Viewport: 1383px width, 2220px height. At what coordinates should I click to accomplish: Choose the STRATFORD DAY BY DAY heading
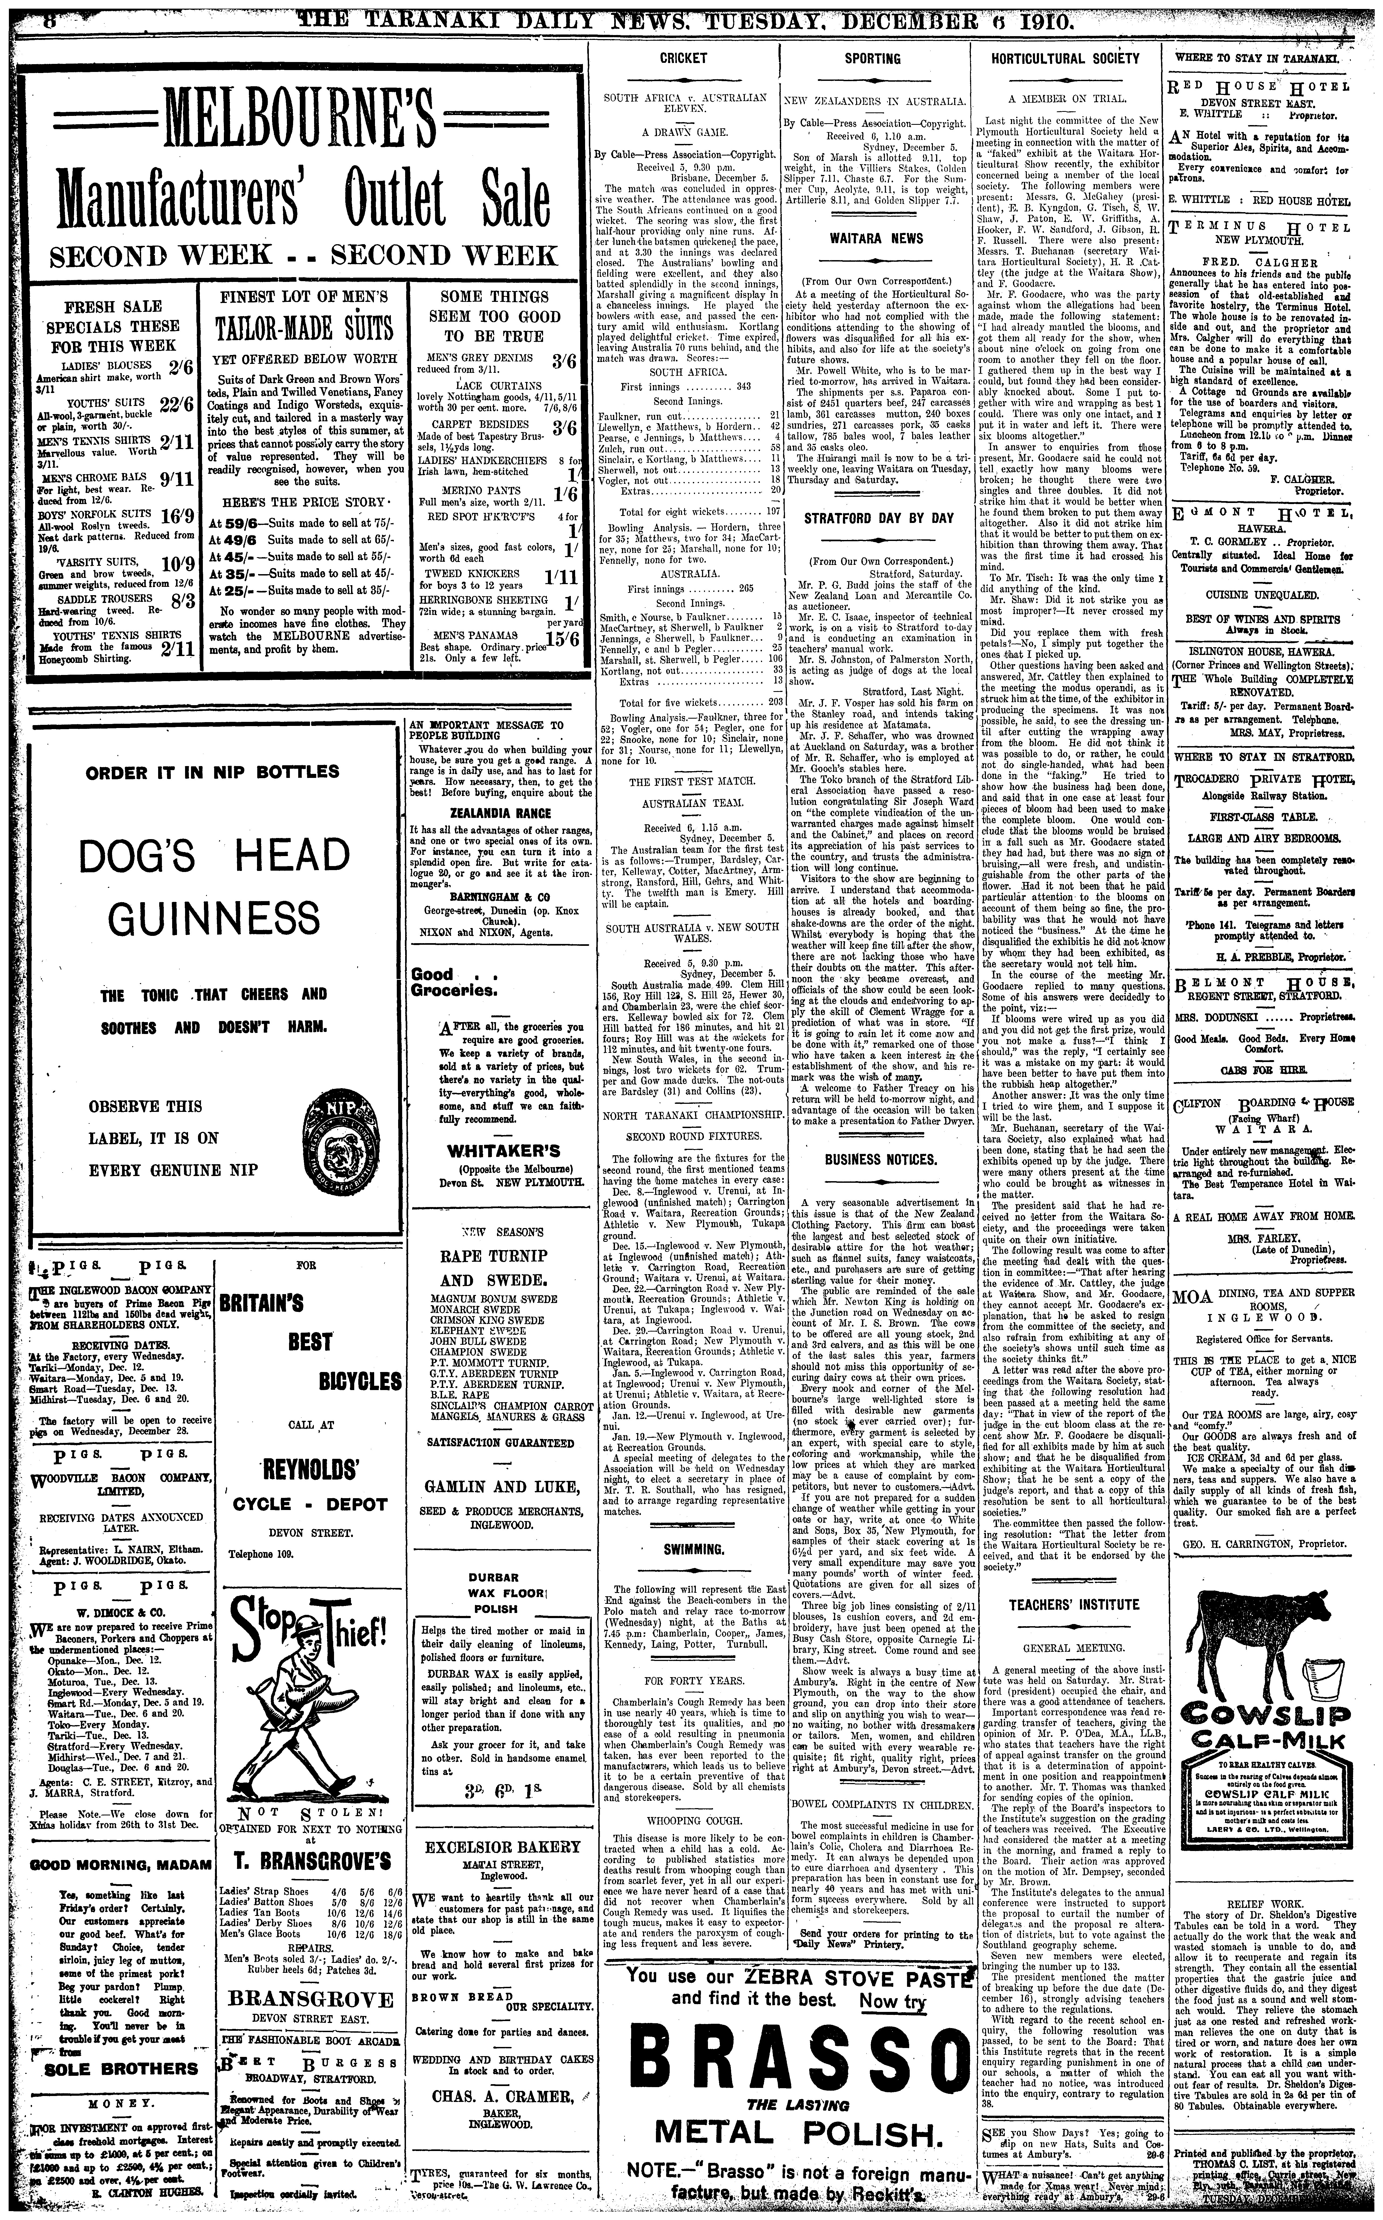pyautogui.click(x=878, y=518)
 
